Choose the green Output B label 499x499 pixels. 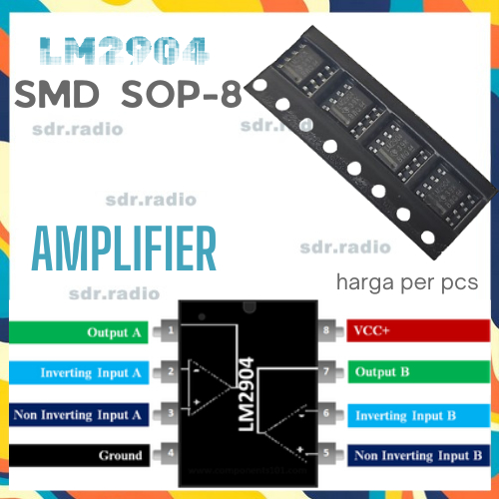(419, 371)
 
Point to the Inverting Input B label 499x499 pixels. (419, 414)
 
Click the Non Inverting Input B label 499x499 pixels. (419, 456)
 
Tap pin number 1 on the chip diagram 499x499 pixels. (172, 330)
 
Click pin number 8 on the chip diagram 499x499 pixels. (326, 329)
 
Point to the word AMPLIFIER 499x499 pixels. (124, 247)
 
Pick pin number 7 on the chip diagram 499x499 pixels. (326, 371)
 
